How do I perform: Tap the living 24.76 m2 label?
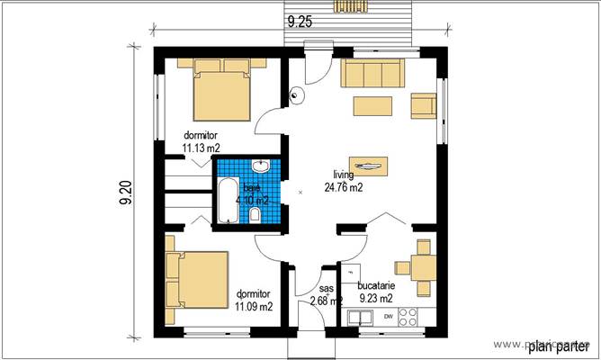pos(343,182)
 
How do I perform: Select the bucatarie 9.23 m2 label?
pos(375,291)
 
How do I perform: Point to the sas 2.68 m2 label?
pos(324,295)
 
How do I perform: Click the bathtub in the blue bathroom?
pos(225,201)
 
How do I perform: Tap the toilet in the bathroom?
pos(256,214)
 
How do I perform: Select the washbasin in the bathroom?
pos(261,166)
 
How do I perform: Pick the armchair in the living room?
pos(422,105)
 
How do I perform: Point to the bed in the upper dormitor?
pos(220,90)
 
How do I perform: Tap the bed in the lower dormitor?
pos(196,279)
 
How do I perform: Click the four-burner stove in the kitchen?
pos(408,317)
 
